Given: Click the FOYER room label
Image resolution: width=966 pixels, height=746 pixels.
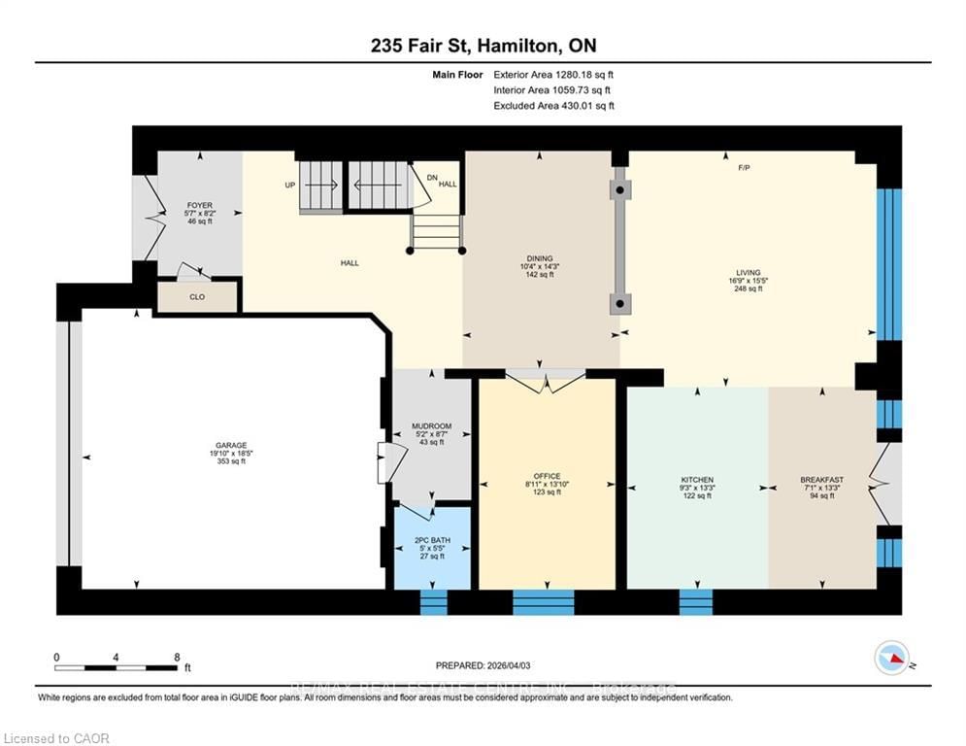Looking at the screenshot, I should pyautogui.click(x=199, y=205).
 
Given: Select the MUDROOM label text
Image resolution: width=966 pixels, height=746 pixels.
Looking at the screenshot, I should pyautogui.click(x=431, y=425).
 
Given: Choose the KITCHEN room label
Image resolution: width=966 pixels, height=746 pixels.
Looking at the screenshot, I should pyautogui.click(x=697, y=480).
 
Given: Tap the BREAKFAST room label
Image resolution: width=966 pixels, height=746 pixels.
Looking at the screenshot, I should pyautogui.click(x=821, y=480).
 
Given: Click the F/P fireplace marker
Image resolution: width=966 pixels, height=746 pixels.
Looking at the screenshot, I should pyautogui.click(x=744, y=168).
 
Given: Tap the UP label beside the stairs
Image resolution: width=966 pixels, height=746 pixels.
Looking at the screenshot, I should pyautogui.click(x=289, y=185).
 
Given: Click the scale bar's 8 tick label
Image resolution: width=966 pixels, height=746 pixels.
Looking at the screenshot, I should pyautogui.click(x=176, y=657).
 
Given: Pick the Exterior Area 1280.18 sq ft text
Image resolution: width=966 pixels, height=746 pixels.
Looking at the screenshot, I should pyautogui.click(x=553, y=74).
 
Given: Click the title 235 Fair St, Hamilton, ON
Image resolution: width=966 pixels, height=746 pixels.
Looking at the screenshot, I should pyautogui.click(x=482, y=46).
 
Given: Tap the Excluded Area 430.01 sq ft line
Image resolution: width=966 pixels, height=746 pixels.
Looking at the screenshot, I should pyautogui.click(x=553, y=105).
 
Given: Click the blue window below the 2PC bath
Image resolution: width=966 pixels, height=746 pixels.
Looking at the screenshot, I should pyautogui.click(x=433, y=602).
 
